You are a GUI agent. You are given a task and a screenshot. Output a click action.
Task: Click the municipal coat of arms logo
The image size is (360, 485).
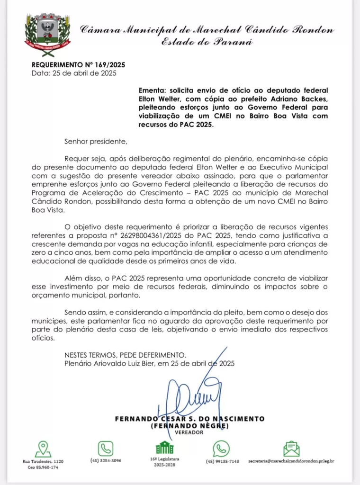pos(47,35)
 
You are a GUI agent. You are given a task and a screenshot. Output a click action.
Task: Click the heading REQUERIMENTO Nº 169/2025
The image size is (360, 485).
pos(72,65)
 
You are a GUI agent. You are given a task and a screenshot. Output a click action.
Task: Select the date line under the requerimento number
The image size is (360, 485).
pos(73,73)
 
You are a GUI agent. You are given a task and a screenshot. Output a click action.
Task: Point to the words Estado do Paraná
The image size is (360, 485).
pos(207,41)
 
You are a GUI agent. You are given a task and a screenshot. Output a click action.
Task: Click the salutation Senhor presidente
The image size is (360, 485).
pos(96,141)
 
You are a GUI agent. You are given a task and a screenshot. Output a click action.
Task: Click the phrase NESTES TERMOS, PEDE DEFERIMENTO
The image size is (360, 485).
pos(126,355)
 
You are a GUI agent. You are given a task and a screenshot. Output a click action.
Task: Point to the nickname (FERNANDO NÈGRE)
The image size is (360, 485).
pos(189,426)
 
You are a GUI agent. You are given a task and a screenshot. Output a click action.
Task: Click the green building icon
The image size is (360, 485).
pos(164,448)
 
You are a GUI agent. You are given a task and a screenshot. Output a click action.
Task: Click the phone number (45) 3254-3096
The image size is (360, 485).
pos(106,460)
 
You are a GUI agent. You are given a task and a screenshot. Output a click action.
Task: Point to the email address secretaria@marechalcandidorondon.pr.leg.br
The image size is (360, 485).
pos(291,461)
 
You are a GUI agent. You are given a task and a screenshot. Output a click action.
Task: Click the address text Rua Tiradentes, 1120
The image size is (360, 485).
pos(43,461)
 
